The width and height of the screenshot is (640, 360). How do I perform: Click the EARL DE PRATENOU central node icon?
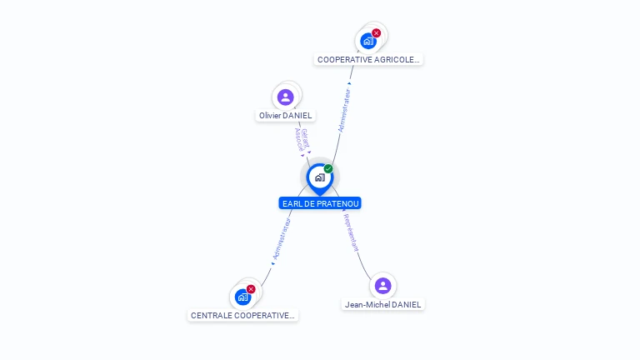tap(319, 177)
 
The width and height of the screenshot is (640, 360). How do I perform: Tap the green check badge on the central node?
tap(328, 169)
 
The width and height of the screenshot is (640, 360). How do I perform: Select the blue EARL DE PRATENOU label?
tap(320, 203)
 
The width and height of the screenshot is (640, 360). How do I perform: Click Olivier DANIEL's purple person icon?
tap(286, 97)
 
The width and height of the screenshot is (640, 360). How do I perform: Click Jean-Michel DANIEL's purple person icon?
tap(382, 286)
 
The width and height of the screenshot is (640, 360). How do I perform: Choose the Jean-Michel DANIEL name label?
tap(383, 304)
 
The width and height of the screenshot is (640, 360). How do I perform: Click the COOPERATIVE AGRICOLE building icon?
tap(367, 41)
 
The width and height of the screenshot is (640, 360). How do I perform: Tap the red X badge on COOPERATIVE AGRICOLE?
tap(377, 33)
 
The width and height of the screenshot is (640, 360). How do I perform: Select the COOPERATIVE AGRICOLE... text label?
tap(369, 60)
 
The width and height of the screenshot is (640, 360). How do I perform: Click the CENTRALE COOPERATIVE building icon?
tap(242, 297)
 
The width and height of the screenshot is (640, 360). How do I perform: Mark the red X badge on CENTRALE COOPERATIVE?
tap(251, 289)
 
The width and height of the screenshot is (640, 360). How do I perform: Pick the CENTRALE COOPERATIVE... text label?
tap(242, 316)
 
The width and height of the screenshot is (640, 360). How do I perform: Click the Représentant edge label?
tap(351, 232)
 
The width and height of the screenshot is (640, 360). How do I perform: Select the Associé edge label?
tap(298, 139)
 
